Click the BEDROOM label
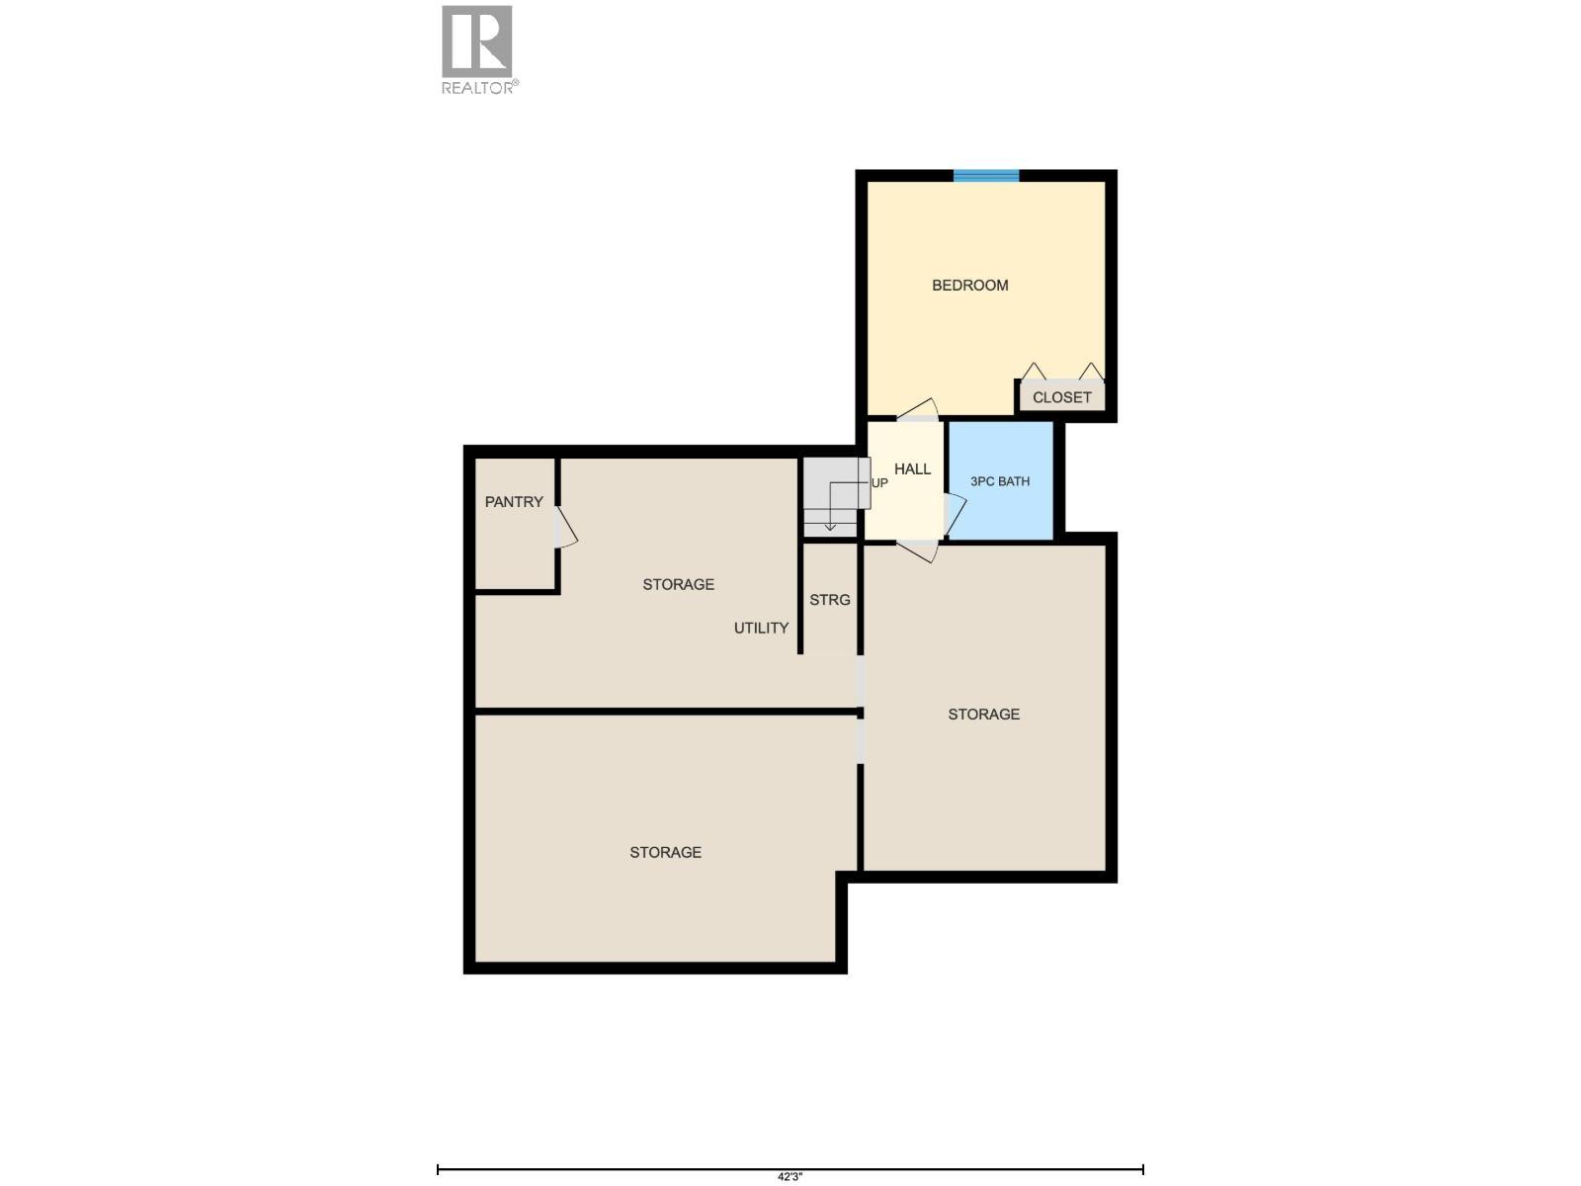pyautogui.click(x=969, y=286)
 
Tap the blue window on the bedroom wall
pyautogui.click(x=985, y=176)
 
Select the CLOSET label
pyautogui.click(x=1061, y=397)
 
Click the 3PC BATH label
pyautogui.click(x=999, y=481)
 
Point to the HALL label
pyautogui.click(x=912, y=469)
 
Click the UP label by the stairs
pyautogui.click(x=878, y=483)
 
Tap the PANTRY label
pyautogui.click(x=514, y=502)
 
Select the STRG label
pyautogui.click(x=829, y=600)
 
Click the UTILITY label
pyautogui.click(x=761, y=628)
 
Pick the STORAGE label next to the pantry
pyautogui.click(x=678, y=584)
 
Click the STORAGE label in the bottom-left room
pyautogui.click(x=665, y=852)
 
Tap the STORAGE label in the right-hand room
pyautogui.click(x=983, y=714)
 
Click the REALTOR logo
pyautogui.click(x=478, y=49)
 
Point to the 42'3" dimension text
pyautogui.click(x=790, y=1176)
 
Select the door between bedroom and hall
pyautogui.click(x=918, y=410)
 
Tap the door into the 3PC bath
pyautogui.click(x=955, y=513)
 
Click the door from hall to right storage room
pyautogui.click(x=917, y=551)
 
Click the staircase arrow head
pyautogui.click(x=830, y=527)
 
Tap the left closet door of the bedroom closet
pyautogui.click(x=1033, y=372)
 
